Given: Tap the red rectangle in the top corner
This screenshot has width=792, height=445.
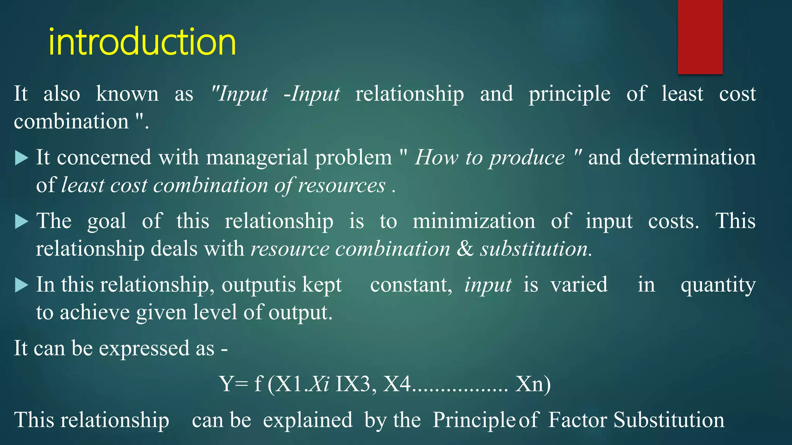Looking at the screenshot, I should coord(700,37).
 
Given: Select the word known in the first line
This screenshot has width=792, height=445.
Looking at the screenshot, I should coord(127,94).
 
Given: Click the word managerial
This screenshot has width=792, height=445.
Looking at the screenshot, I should coord(260,158).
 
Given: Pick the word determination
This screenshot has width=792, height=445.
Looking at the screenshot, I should coord(692,158).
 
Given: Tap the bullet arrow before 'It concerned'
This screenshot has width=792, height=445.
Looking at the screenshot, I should coord(21,158).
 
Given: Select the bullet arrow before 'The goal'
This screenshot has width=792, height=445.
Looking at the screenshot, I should coord(21,222).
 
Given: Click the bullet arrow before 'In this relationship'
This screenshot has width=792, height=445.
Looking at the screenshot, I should coord(21,285).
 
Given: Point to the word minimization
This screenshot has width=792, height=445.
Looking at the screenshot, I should coord(474,221).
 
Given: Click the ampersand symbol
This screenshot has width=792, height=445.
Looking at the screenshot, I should coord(465,249).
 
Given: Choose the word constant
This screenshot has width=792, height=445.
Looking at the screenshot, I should coord(411,285).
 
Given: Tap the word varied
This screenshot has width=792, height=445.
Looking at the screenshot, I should coord(579,285).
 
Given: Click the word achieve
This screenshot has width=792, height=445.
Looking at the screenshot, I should coord(95,313).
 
